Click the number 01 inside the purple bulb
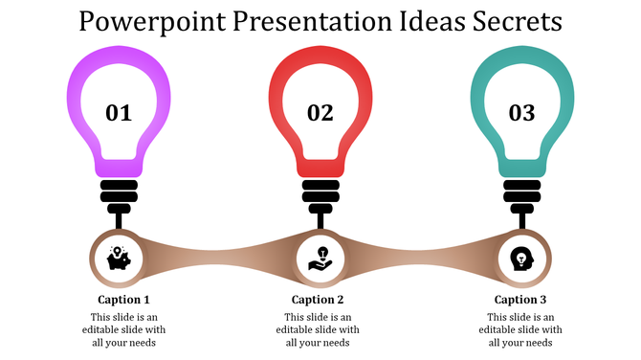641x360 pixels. coord(119,113)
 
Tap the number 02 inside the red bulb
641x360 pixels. coord(320,113)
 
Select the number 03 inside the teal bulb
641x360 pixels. coord(521,113)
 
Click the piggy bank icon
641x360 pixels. coord(120,258)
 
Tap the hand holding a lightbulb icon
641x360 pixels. coord(320,258)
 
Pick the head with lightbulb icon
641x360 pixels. coord(521,258)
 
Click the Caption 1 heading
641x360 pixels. coord(123,299)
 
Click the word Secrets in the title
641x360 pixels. coord(517,20)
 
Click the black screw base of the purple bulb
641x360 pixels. coord(120,191)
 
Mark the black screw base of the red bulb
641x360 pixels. coord(320,191)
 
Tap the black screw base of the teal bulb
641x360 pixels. coord(521,191)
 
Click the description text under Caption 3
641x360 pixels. coord(519,329)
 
